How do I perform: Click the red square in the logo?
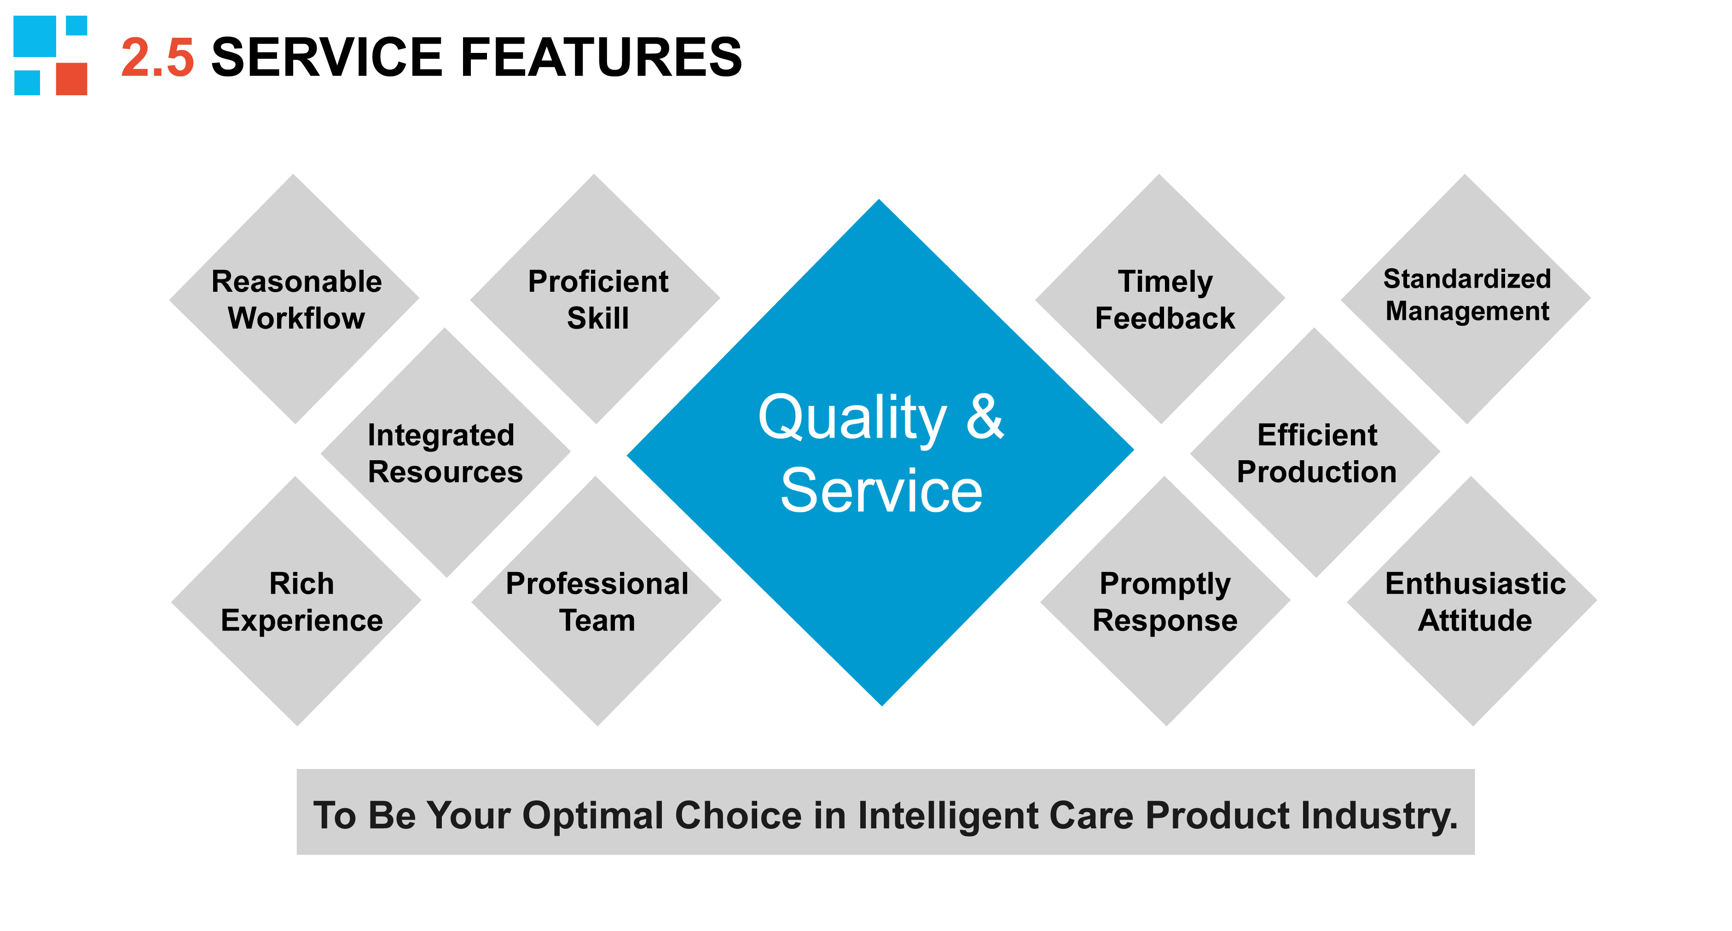(71, 79)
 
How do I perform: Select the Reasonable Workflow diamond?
(294, 299)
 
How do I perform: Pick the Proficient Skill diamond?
(595, 299)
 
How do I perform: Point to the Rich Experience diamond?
(296, 601)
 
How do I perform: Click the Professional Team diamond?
(597, 601)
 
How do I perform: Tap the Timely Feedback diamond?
(1160, 299)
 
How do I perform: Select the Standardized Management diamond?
(1466, 299)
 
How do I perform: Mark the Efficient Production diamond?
(1315, 452)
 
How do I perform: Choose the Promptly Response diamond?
(1165, 601)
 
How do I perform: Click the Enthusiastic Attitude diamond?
(1472, 601)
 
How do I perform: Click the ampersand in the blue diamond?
(985, 417)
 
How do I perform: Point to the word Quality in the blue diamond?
(852, 420)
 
